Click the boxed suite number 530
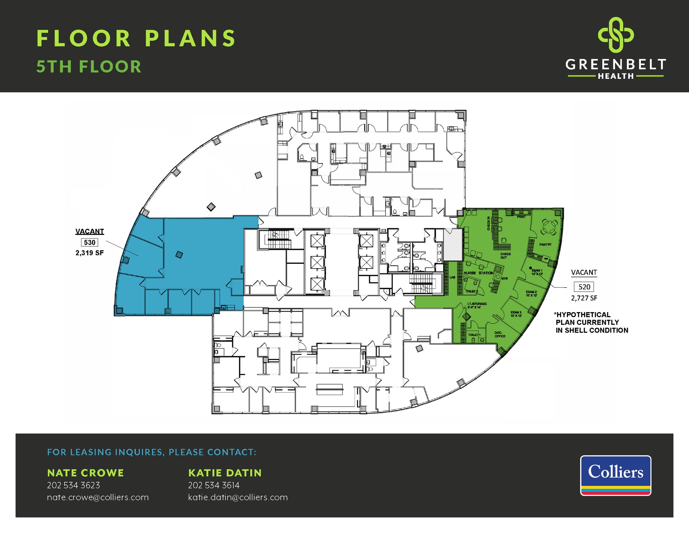click(x=89, y=242)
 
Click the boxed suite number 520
click(x=584, y=287)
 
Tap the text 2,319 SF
click(x=89, y=253)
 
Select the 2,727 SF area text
click(x=584, y=298)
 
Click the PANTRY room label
click(x=545, y=244)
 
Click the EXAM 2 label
click(x=531, y=294)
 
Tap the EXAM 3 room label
click(x=516, y=314)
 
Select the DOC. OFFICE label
click(x=500, y=334)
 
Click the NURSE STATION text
click(x=478, y=273)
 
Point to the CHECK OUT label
click(x=505, y=256)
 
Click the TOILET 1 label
click(x=474, y=335)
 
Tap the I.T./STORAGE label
click(x=477, y=305)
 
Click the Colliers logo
click(x=615, y=475)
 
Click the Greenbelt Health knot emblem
click(x=615, y=35)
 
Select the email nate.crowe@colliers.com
click(x=98, y=497)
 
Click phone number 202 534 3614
click(x=214, y=485)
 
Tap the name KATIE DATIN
click(x=225, y=473)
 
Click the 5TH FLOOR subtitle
click(x=89, y=67)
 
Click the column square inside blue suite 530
click(x=179, y=255)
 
